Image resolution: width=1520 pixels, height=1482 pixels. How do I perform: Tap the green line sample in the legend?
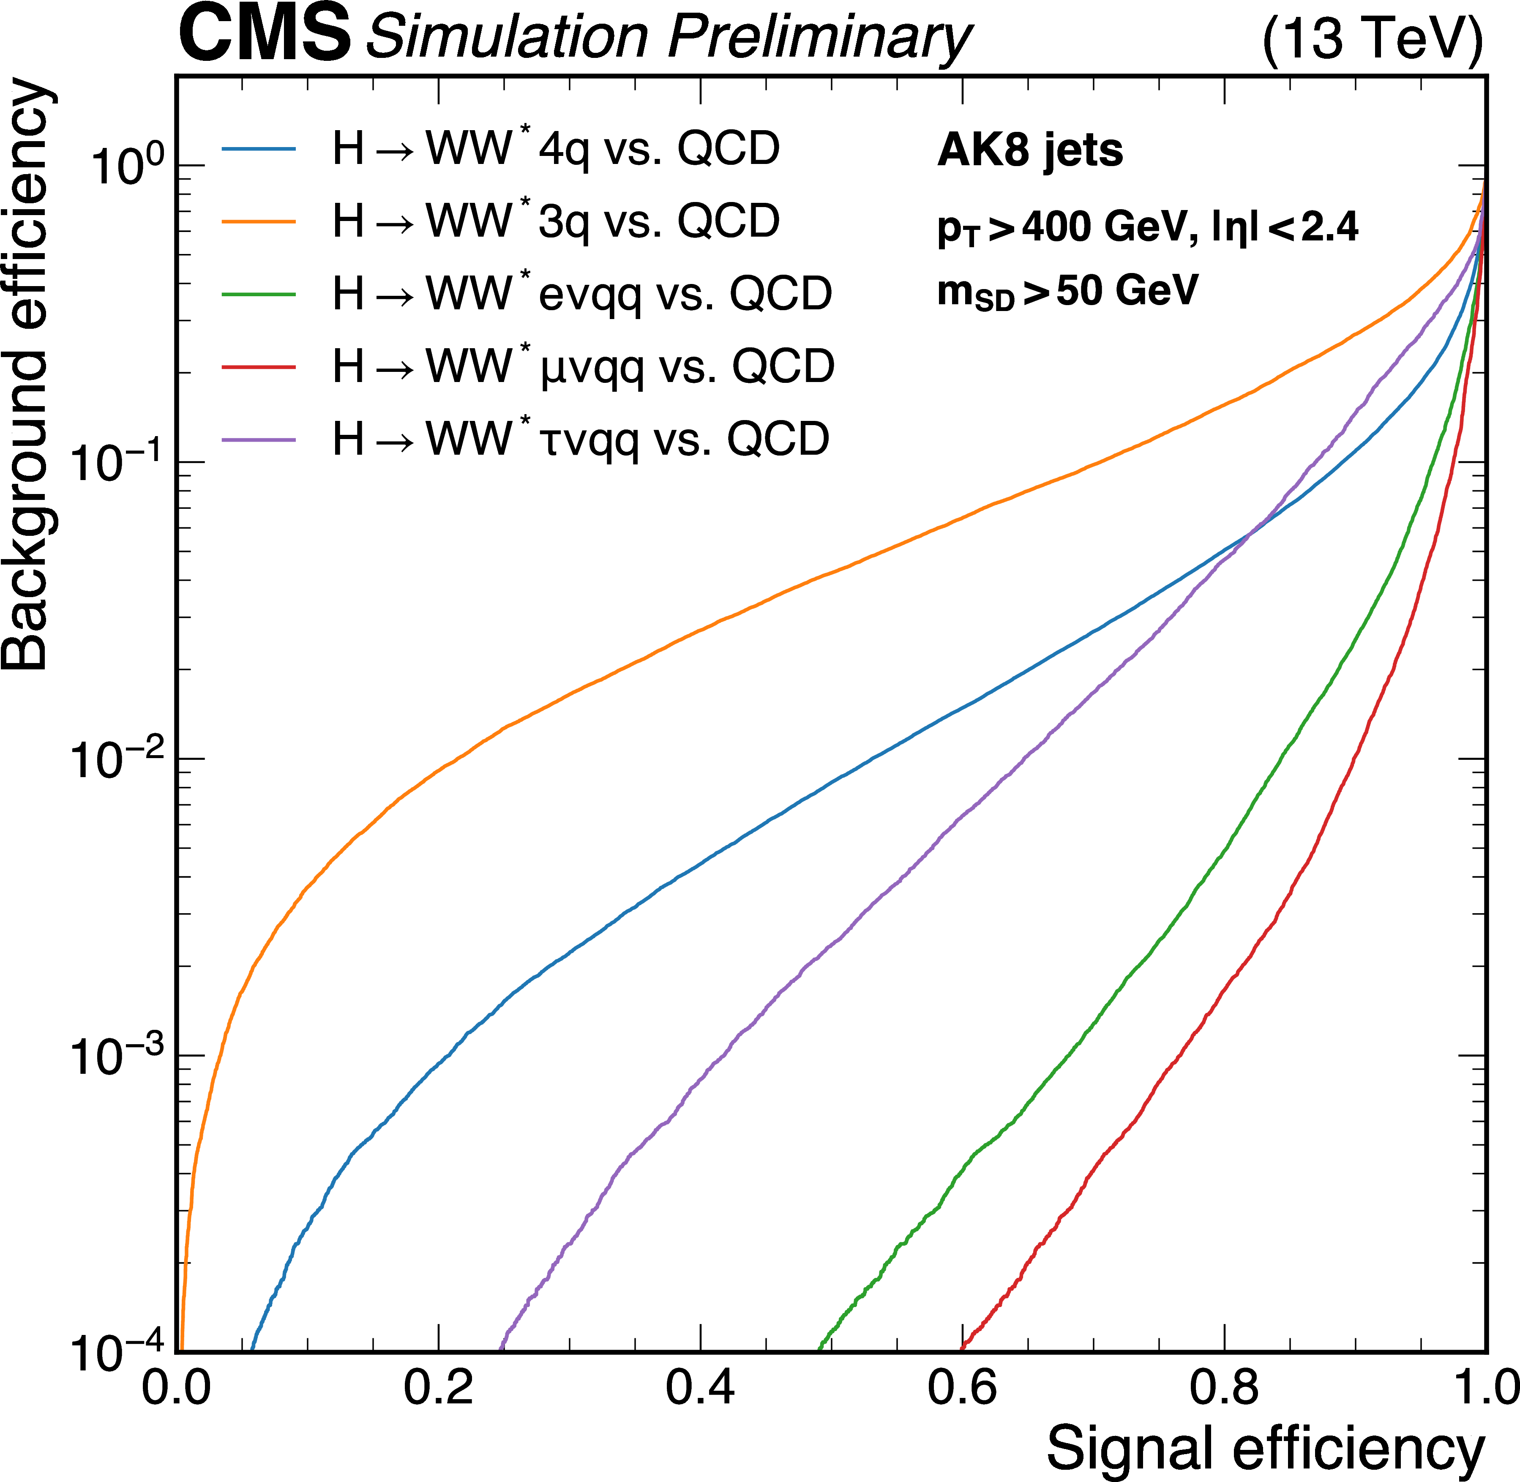coord(258,294)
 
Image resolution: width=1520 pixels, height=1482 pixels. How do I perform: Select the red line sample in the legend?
coord(258,367)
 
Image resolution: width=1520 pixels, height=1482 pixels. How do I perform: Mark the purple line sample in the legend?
coord(258,440)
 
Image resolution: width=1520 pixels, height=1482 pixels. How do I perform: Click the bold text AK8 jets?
coord(1030,150)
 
